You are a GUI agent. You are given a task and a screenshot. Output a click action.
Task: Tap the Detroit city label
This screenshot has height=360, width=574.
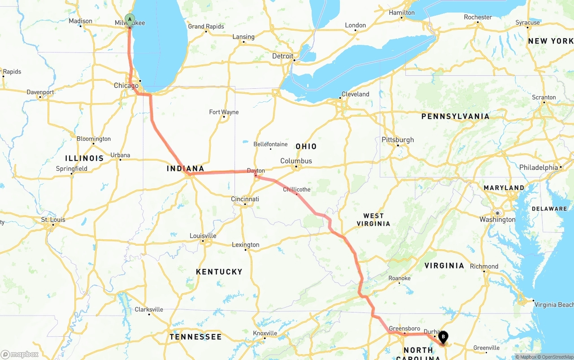point(283,56)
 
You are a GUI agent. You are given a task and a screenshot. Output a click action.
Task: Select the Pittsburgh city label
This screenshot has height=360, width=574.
point(398,140)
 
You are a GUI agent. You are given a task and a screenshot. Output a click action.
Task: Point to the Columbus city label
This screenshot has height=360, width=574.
point(296,161)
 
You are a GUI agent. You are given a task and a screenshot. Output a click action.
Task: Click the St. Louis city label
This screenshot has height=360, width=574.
point(53,220)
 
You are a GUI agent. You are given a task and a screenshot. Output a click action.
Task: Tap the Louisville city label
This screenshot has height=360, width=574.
point(203,236)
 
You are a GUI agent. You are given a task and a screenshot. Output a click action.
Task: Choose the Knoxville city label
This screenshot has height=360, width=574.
point(265,333)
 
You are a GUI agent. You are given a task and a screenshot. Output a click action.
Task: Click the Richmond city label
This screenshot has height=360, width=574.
point(484,266)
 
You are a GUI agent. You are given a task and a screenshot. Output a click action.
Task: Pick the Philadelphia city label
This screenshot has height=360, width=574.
point(539,167)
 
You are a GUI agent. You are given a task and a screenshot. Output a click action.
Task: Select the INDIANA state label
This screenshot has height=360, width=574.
point(185,169)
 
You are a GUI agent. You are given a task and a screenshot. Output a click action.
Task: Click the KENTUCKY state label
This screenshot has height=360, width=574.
point(219,272)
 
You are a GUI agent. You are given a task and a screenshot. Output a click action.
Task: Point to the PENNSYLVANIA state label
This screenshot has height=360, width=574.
point(455,117)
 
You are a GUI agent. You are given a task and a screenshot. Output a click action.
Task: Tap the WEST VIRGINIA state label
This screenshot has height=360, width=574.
point(374,220)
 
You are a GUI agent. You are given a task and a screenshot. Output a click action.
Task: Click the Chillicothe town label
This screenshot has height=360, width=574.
point(296,190)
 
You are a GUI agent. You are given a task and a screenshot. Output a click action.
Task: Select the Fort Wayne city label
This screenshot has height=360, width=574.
point(224,112)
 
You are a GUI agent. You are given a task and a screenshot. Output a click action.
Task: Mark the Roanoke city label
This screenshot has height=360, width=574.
point(399,278)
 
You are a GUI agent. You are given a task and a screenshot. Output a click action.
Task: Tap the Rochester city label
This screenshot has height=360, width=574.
point(478,17)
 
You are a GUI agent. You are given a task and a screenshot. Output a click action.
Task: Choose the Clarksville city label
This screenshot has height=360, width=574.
point(149,309)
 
